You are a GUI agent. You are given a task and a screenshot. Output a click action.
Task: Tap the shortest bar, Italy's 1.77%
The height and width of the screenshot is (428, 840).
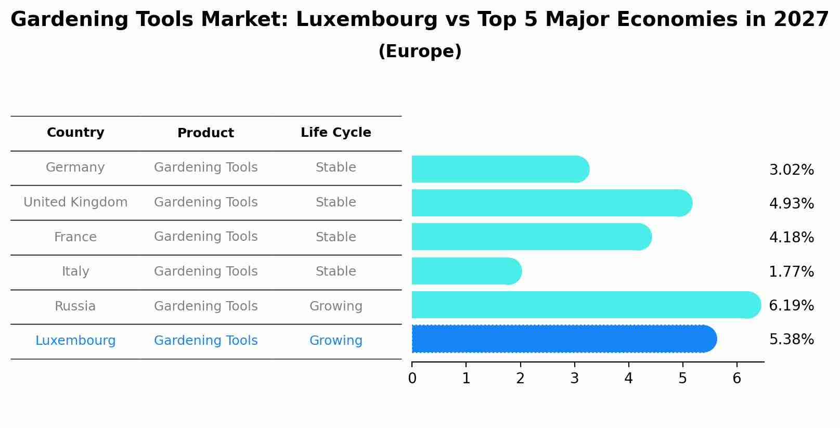[x=466, y=271]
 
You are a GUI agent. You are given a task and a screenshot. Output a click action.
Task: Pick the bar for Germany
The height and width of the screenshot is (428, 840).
[x=500, y=169]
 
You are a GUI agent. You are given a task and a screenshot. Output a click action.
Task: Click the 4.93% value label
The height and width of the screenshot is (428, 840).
[x=791, y=203]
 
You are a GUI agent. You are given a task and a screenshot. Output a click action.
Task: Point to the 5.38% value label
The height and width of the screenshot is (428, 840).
[x=791, y=340]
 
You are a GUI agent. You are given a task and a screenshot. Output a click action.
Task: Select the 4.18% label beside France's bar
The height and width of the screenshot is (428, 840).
[x=791, y=238]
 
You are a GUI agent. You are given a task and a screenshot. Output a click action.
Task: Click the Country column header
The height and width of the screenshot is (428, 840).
[x=75, y=133]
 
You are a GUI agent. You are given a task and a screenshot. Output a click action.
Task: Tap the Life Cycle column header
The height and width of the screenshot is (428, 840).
[x=335, y=133]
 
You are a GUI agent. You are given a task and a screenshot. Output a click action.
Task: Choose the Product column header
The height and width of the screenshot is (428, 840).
[x=205, y=133]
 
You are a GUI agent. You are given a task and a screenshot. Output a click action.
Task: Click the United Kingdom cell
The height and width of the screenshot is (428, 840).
[x=75, y=202]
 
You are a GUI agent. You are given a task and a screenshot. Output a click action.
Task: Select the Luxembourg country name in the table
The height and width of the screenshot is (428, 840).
[x=75, y=341]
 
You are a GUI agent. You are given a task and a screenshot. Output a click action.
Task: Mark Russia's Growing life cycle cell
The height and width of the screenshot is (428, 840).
[x=335, y=306]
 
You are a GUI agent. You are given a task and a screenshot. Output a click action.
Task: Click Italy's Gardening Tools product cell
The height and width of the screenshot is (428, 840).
[x=205, y=271]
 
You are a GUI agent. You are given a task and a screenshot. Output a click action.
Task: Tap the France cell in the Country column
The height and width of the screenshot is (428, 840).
[x=75, y=237]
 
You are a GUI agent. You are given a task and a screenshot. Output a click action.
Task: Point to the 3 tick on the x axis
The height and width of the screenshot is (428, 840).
[x=574, y=378]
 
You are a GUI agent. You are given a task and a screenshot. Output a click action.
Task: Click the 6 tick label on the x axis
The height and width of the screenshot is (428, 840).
[x=736, y=378]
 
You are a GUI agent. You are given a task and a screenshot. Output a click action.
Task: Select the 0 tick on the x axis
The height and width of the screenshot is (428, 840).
[x=412, y=378]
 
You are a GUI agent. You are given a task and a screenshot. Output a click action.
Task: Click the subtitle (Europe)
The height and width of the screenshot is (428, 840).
[x=420, y=51]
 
